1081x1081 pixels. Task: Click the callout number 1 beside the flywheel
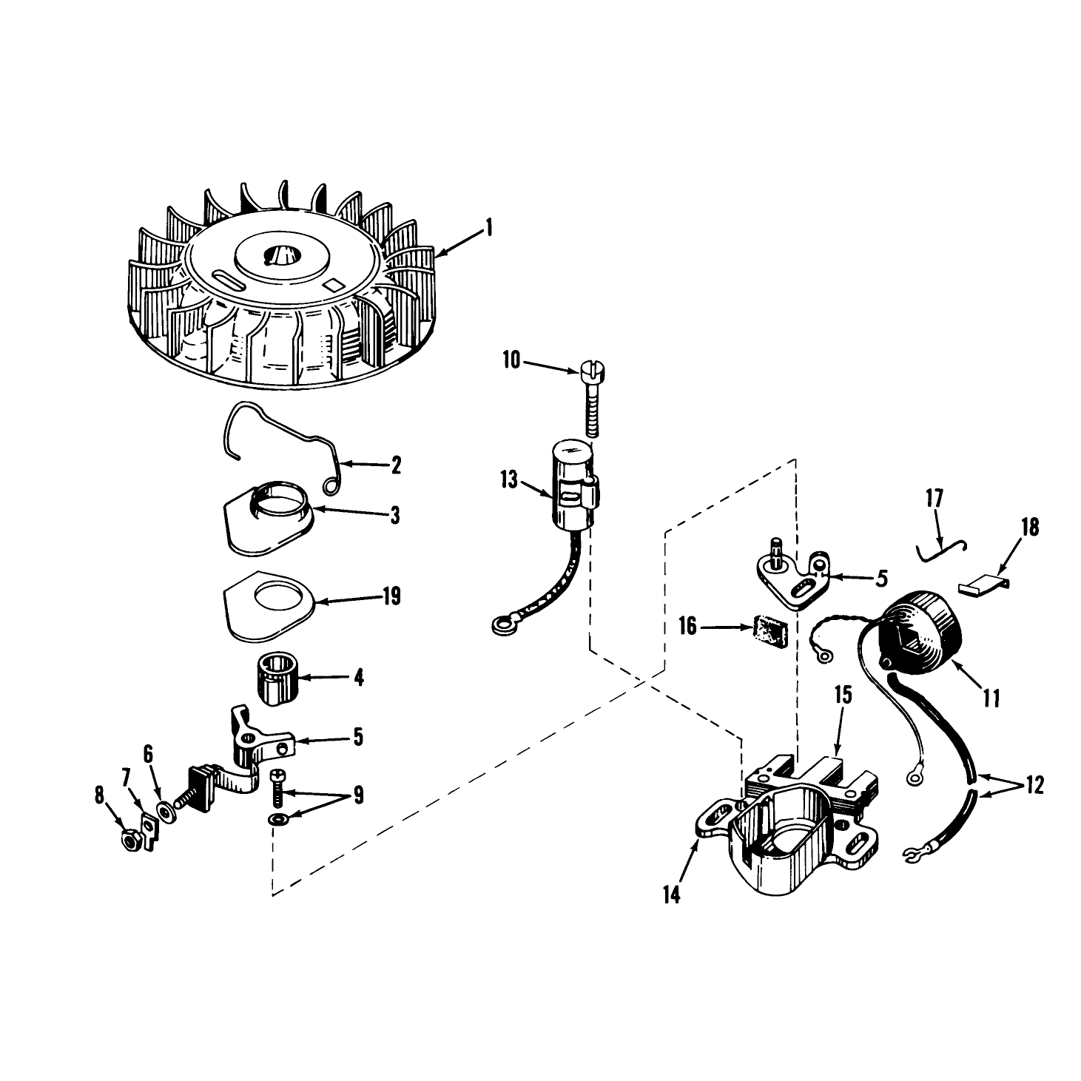click(488, 229)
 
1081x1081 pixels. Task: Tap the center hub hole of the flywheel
click(280, 256)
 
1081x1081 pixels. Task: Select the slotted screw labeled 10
click(590, 399)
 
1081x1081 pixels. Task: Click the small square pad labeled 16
click(770, 630)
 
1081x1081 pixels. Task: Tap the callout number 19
click(391, 596)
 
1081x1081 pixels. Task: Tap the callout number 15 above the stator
click(843, 696)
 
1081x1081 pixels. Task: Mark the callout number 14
click(671, 895)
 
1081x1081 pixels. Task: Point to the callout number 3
click(395, 515)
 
